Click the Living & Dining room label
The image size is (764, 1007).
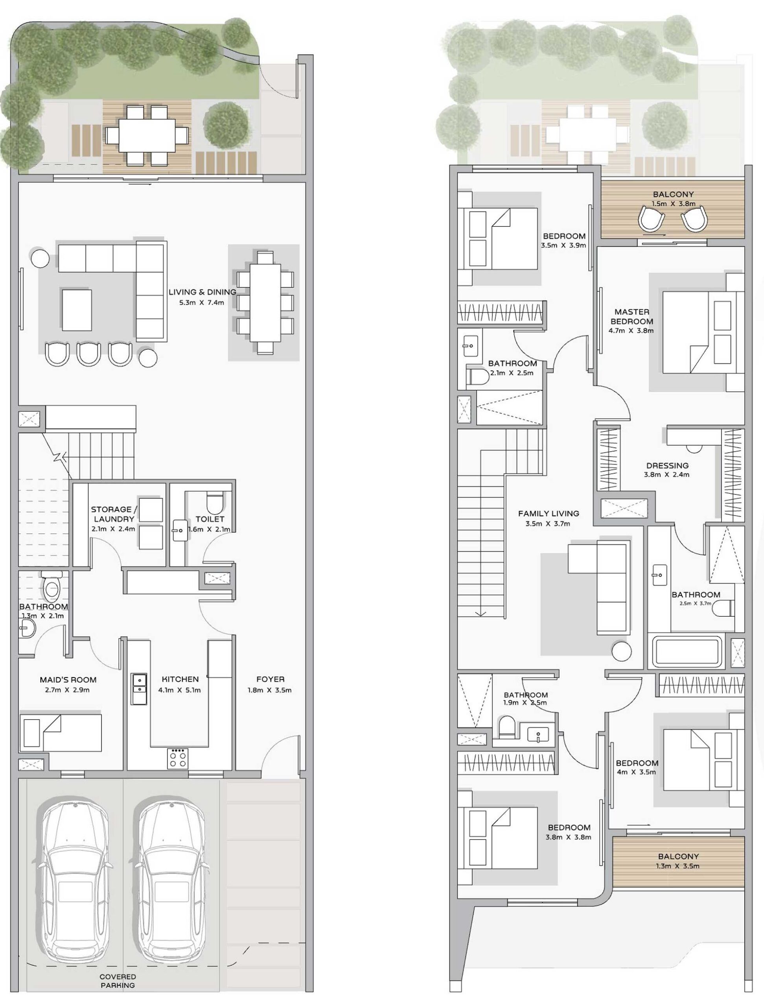click(203, 292)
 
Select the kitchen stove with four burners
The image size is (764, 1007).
click(177, 758)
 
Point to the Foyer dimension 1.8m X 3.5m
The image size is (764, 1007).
click(269, 690)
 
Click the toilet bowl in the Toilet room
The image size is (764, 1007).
click(214, 503)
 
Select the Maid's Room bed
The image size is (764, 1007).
click(61, 732)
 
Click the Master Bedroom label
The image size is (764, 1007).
click(631, 316)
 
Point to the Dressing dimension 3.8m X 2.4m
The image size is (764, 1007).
click(667, 474)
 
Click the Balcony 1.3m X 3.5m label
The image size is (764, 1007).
click(677, 856)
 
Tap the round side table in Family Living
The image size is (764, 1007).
click(622, 651)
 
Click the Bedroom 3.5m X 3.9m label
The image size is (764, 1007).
click(564, 236)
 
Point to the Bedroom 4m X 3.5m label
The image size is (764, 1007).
click(637, 763)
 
